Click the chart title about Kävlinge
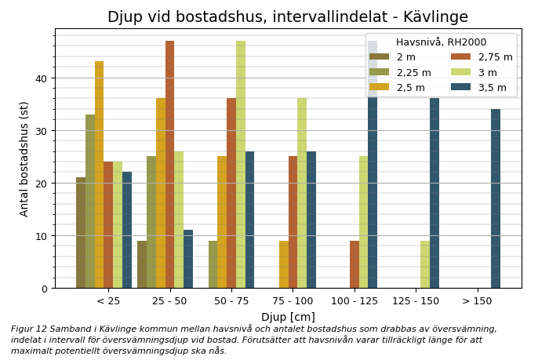click(287, 17)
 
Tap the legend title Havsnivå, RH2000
click(441, 42)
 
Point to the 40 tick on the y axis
click(42, 78)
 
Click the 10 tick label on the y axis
click(42, 236)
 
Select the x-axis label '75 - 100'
click(293, 301)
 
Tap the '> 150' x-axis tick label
click(477, 301)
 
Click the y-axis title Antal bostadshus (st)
click(24, 158)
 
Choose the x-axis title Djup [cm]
click(288, 317)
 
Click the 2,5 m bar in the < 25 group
click(100, 175)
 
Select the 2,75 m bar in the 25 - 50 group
click(170, 165)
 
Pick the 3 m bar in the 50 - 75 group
click(241, 165)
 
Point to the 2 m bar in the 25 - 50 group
click(142, 264)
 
